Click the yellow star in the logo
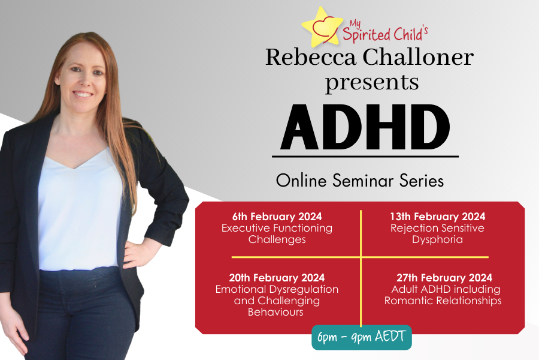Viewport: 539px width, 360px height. point(322,28)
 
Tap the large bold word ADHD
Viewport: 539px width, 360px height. point(365,127)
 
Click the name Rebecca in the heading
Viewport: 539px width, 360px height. point(311,57)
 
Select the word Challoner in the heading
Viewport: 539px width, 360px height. point(419,57)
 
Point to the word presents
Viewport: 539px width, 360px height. point(372,83)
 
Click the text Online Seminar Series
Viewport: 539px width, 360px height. point(360,180)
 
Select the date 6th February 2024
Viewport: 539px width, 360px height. point(277,217)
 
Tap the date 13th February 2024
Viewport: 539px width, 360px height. point(438,217)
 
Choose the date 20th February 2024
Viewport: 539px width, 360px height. point(277,278)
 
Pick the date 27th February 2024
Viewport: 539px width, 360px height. point(444,278)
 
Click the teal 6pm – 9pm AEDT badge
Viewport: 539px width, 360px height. point(362,337)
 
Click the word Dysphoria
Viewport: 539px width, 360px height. point(438,240)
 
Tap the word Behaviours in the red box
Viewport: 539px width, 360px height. point(275,312)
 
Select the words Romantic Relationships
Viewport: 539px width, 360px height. point(443,301)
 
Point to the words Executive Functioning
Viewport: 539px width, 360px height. point(277,229)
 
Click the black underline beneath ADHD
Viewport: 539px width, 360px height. point(365,157)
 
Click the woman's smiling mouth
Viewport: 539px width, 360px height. point(83,94)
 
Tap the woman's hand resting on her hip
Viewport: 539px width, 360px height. point(136,253)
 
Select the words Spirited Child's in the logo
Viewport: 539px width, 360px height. point(385,34)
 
